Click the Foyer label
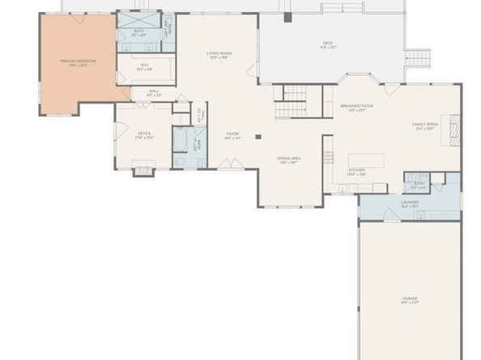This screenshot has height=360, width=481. point(232,135)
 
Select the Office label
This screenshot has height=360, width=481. point(144,135)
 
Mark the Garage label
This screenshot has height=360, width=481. point(410,300)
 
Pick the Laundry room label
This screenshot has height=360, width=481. point(410,204)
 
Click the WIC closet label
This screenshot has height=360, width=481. point(145,67)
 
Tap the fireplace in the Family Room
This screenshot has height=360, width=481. point(454,125)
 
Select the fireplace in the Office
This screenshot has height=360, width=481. point(143,170)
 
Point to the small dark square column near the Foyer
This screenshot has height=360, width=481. point(258,137)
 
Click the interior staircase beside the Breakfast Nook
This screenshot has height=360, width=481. point(291,104)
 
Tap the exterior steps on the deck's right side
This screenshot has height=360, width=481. point(418,58)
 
